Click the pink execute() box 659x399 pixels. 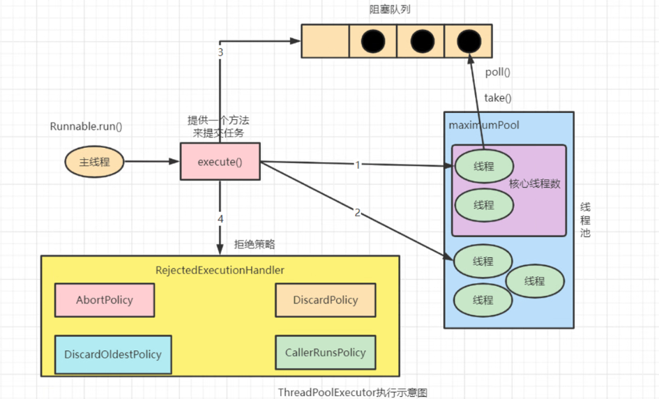220,162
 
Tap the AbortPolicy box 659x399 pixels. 105,300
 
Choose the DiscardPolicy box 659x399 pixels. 325,300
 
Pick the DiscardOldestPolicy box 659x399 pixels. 112,354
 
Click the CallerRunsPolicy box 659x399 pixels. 325,353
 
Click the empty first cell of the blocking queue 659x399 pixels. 325,41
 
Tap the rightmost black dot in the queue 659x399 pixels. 468,41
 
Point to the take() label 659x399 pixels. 498,98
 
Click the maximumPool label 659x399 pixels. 485,126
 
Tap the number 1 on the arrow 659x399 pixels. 358,165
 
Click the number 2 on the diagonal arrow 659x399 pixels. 358,213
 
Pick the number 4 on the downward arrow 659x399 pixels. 220,219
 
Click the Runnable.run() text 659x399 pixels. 86,126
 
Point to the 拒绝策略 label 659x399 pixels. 255,245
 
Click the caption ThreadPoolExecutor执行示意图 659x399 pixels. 352,392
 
